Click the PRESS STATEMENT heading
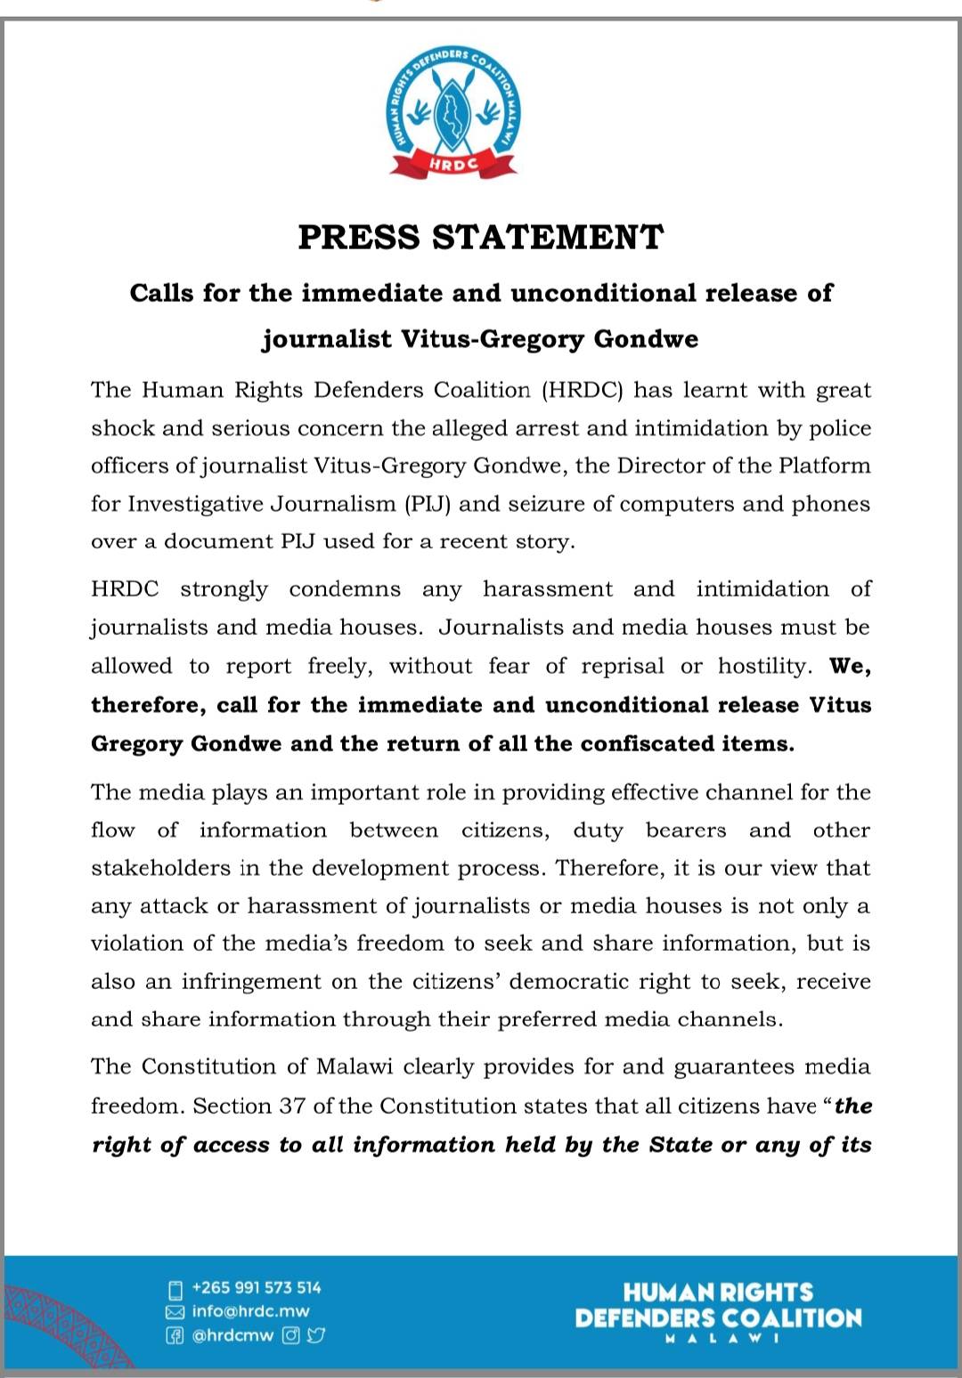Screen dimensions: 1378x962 (x=481, y=238)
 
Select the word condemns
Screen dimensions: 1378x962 (x=345, y=589)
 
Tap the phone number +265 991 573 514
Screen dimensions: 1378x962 (x=257, y=1287)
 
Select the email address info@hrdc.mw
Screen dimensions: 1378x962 (x=250, y=1311)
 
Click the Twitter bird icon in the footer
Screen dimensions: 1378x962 (x=316, y=1335)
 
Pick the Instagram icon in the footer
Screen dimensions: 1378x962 (x=291, y=1335)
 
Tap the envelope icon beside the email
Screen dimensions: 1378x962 (x=175, y=1312)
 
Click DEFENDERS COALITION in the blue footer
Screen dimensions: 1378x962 (x=718, y=1317)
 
